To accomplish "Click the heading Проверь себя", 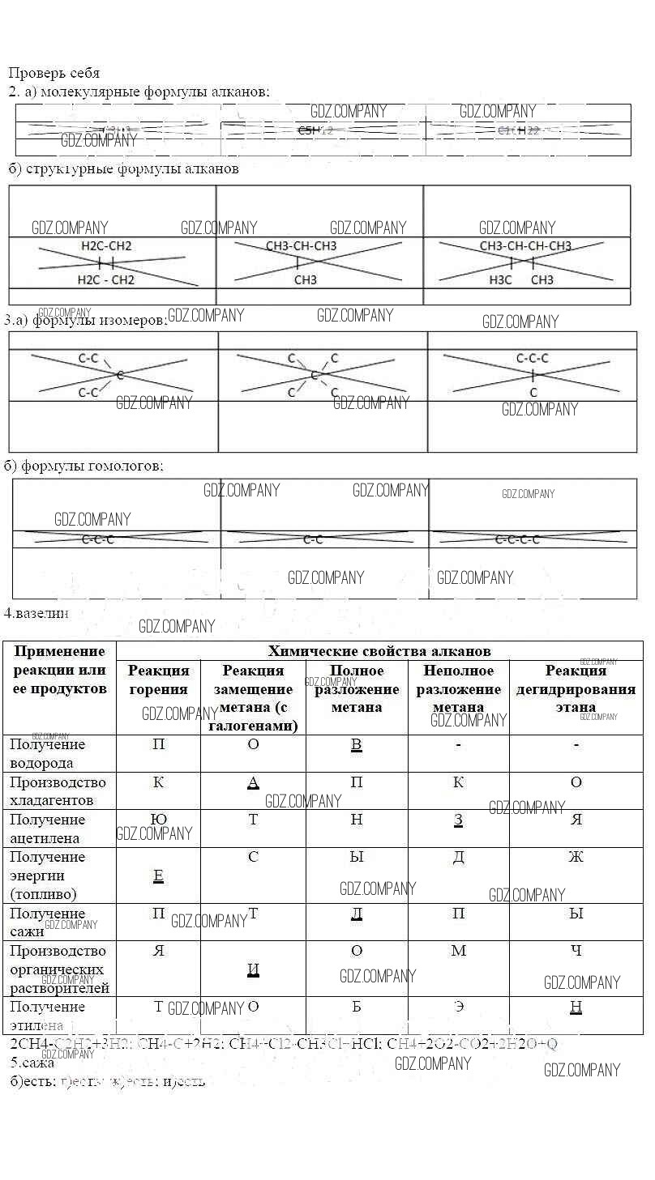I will click(x=54, y=73).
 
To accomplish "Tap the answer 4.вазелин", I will click(x=36, y=613).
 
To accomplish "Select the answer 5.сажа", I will click(x=32, y=1062).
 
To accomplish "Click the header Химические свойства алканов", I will click(x=379, y=651).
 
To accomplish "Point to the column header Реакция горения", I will click(x=159, y=679).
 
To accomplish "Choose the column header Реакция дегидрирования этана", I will click(x=576, y=688).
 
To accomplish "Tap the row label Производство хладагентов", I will click(x=58, y=791).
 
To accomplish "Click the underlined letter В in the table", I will click(x=356, y=744).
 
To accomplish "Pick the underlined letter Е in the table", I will click(x=159, y=875).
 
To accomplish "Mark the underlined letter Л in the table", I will click(x=356, y=914).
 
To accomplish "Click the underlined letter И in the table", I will click(x=253, y=969).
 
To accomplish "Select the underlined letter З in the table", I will click(x=458, y=820).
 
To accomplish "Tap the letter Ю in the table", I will click(x=159, y=820).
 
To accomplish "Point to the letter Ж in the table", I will click(x=576, y=856).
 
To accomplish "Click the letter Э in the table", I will click(x=458, y=1007).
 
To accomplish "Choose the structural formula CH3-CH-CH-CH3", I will click(x=525, y=246).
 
